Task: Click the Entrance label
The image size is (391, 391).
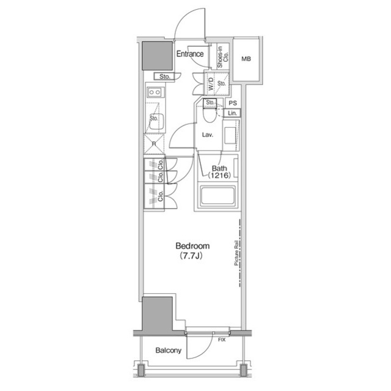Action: pyautogui.click(x=190, y=54)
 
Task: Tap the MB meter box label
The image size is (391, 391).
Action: pyautogui.click(x=246, y=59)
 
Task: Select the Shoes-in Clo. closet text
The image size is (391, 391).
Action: pyautogui.click(x=222, y=57)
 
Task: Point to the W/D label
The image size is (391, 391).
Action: pyautogui.click(x=211, y=84)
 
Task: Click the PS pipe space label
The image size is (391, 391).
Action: pyautogui.click(x=233, y=103)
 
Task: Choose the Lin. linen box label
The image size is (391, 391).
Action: pyautogui.click(x=232, y=113)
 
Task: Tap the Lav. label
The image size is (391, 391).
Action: pyautogui.click(x=208, y=135)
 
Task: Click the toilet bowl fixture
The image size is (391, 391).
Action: pyautogui.click(x=209, y=116)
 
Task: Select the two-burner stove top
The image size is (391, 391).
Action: pyautogui.click(x=155, y=92)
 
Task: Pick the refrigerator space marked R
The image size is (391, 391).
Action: pyautogui.click(x=154, y=144)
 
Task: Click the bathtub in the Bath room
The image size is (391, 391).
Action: pyautogui.click(x=217, y=196)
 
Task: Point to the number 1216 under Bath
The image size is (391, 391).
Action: pyautogui.click(x=219, y=176)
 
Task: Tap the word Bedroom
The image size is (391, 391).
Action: pyautogui.click(x=192, y=246)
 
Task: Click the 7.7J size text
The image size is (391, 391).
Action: pyautogui.click(x=191, y=256)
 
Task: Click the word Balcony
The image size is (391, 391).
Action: pyautogui.click(x=169, y=351)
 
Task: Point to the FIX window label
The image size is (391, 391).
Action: pyautogui.click(x=222, y=340)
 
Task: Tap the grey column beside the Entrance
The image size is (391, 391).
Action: pyautogui.click(x=157, y=56)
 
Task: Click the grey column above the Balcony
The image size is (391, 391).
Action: pyautogui.click(x=157, y=315)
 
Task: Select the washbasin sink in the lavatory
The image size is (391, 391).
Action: pyautogui.click(x=231, y=136)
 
